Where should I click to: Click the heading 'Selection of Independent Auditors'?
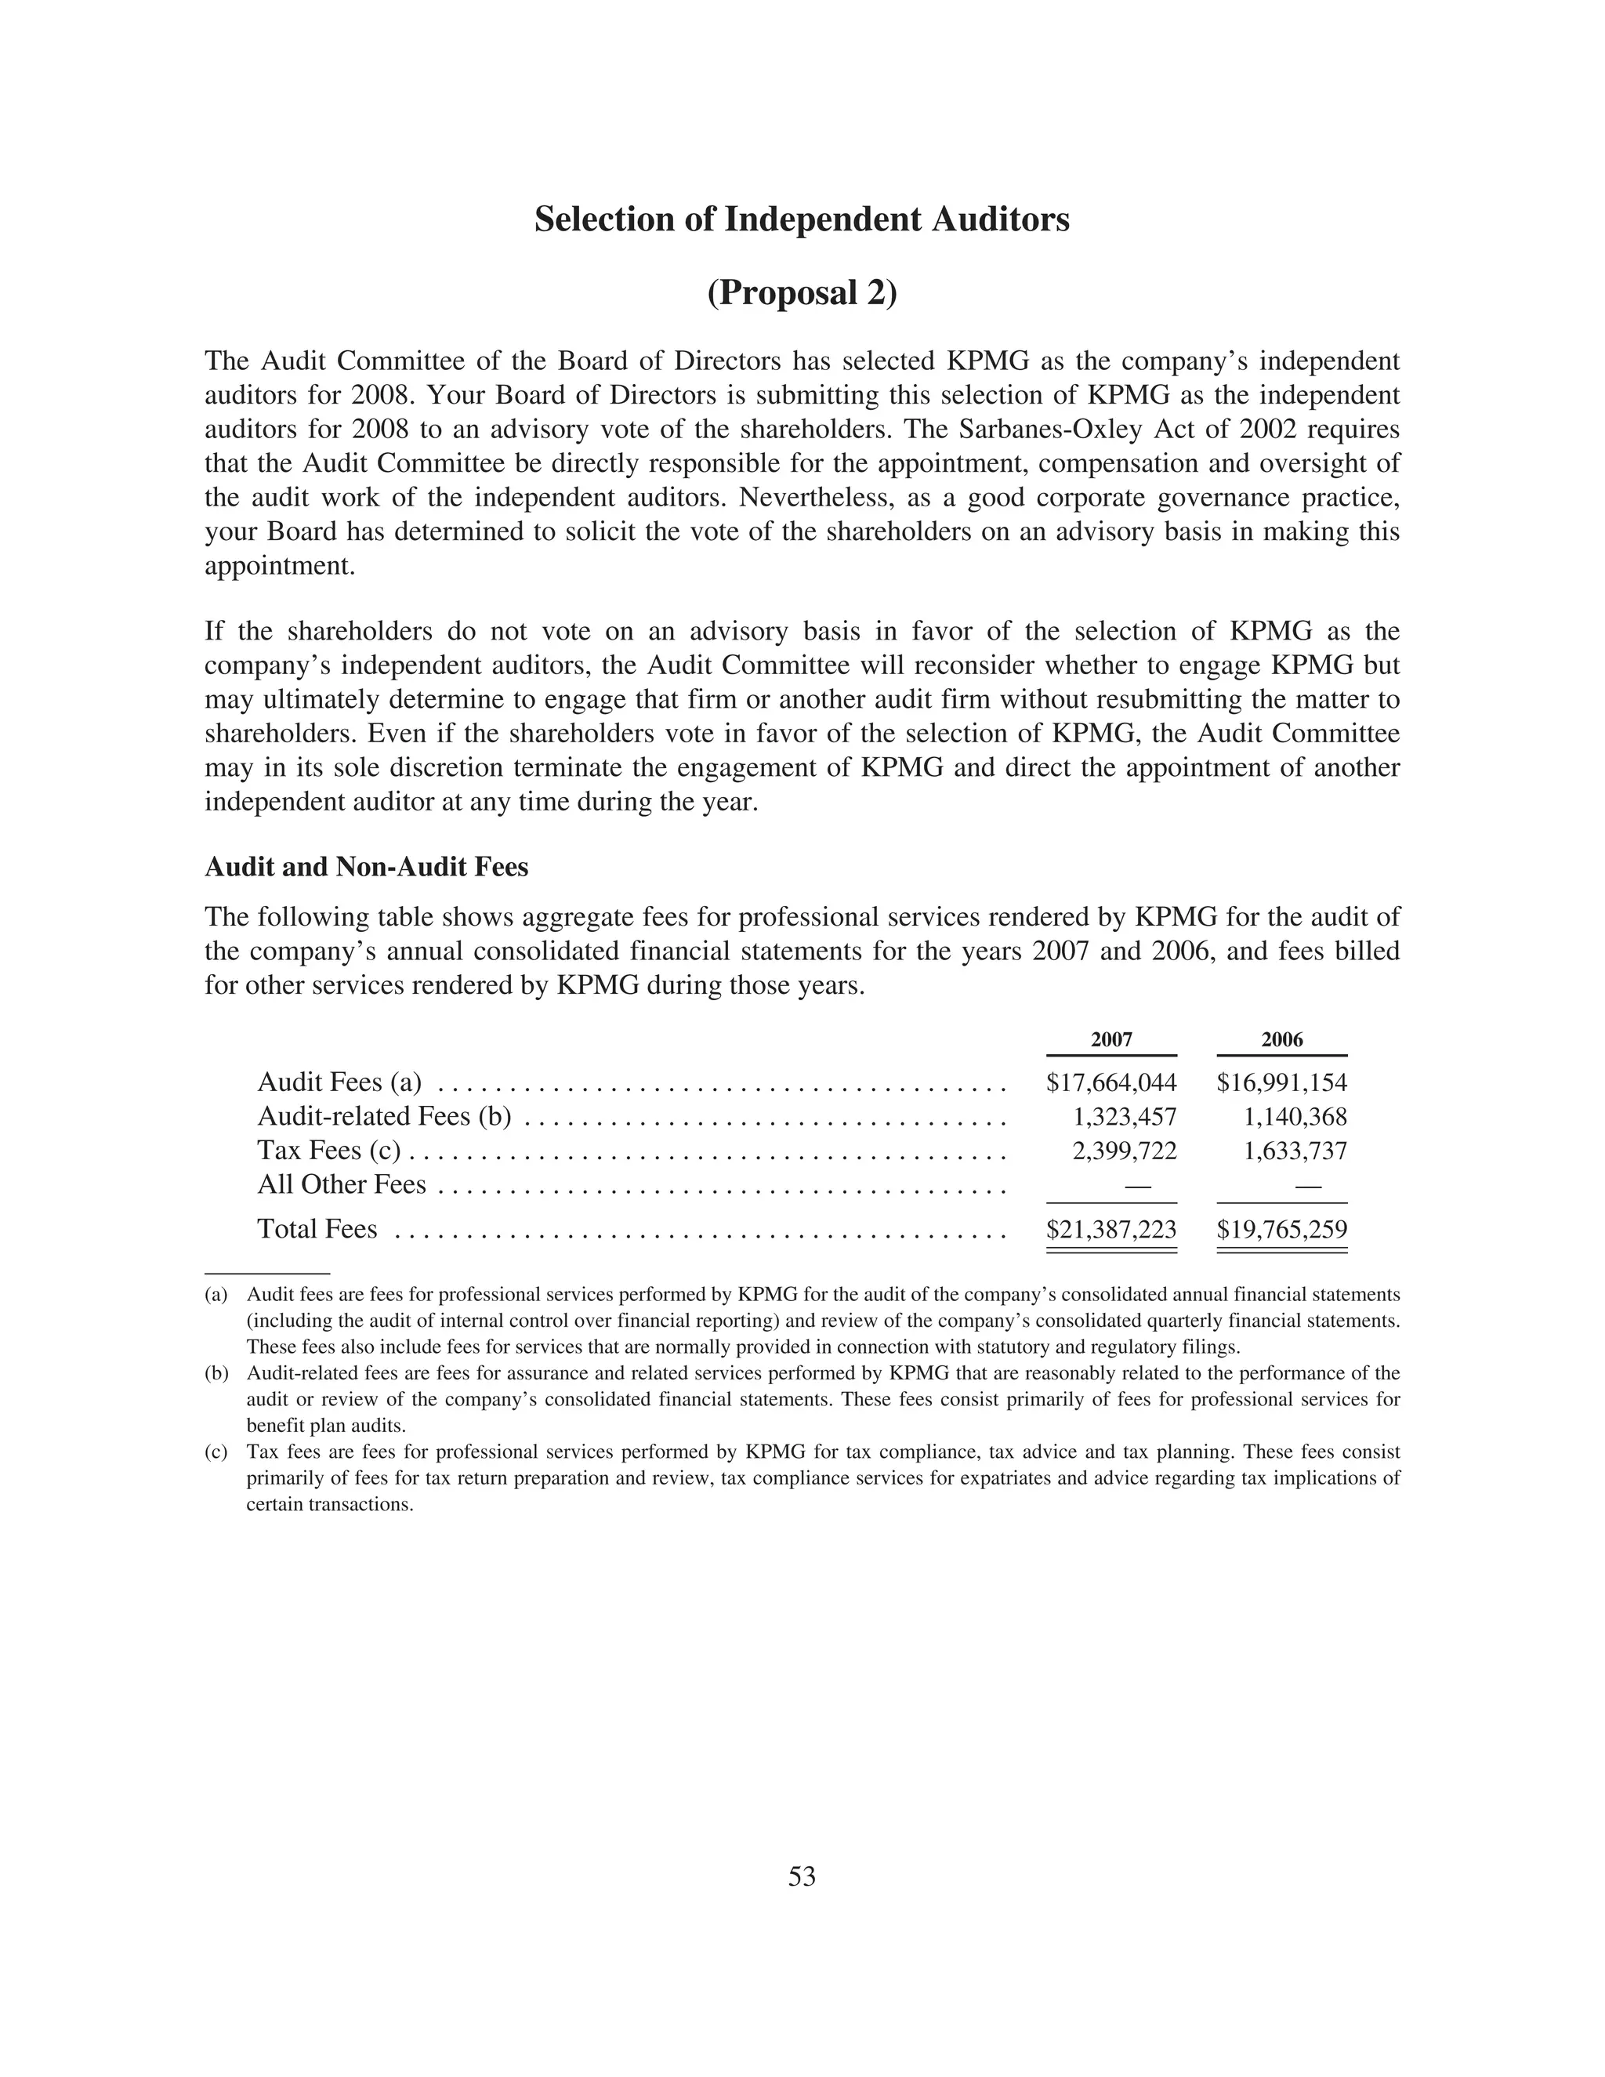point(802,219)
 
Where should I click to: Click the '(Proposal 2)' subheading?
point(802,293)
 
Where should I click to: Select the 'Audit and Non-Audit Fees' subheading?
point(366,868)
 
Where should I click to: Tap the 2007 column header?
point(1110,1039)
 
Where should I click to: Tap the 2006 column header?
point(1281,1039)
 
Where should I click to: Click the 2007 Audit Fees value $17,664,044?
point(1110,1082)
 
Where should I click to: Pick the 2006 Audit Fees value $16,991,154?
point(1281,1082)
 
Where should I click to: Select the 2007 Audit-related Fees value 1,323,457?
point(1124,1116)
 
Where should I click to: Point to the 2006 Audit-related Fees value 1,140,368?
point(1294,1116)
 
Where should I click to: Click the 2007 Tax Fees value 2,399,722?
point(1124,1151)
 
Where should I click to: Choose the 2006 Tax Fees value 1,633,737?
point(1294,1151)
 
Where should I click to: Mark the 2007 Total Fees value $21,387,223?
point(1110,1230)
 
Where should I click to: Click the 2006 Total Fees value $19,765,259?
point(1281,1230)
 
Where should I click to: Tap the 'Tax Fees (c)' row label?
point(329,1151)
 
